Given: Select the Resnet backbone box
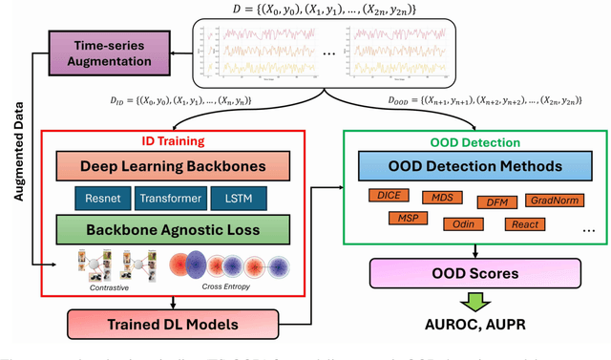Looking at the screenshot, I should [x=104, y=199].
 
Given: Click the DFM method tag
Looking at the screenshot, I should [x=496, y=201].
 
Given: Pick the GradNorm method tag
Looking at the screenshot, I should [x=551, y=199].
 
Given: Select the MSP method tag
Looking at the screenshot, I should [x=407, y=219].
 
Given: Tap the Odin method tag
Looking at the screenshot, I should [x=461, y=224].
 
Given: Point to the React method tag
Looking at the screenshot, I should [x=525, y=224].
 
